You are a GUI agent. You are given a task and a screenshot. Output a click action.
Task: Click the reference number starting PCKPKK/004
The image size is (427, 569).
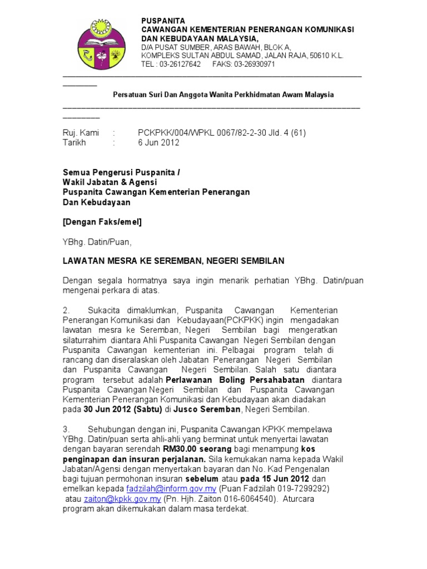click(222, 133)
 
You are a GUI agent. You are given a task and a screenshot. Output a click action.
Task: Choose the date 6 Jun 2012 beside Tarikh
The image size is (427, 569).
click(158, 142)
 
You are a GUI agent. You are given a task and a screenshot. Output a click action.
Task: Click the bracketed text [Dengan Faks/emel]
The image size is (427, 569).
click(102, 222)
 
